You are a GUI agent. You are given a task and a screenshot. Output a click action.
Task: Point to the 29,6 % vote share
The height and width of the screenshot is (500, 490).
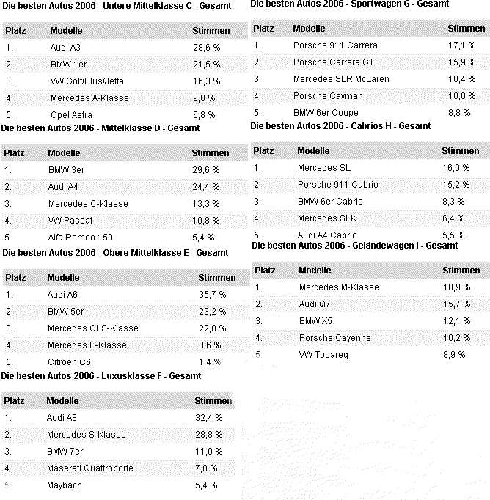point(205,169)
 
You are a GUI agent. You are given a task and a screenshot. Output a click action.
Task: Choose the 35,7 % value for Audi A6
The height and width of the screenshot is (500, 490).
point(213,294)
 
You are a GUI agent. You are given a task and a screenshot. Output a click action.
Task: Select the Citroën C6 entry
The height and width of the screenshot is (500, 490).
point(69,361)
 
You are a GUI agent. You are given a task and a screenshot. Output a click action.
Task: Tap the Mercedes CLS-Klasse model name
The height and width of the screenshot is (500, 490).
point(92,328)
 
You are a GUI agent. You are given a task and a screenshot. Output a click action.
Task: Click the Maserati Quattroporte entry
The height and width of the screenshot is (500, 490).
point(89,468)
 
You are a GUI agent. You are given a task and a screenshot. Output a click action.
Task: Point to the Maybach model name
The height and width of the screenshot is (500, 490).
point(64,485)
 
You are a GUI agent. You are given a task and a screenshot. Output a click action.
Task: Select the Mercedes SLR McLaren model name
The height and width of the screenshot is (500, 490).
point(341,78)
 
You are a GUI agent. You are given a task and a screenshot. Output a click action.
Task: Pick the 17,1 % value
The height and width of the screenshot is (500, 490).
point(461,45)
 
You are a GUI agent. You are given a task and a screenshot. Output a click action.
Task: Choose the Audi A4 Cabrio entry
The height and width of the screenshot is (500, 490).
point(327,235)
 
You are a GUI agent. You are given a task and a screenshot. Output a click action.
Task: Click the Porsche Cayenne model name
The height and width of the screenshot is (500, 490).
point(334,338)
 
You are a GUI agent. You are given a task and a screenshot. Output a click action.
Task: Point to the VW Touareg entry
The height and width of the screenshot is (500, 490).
point(323,355)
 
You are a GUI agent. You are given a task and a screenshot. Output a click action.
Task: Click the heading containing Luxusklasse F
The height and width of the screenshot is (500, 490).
point(101,375)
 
